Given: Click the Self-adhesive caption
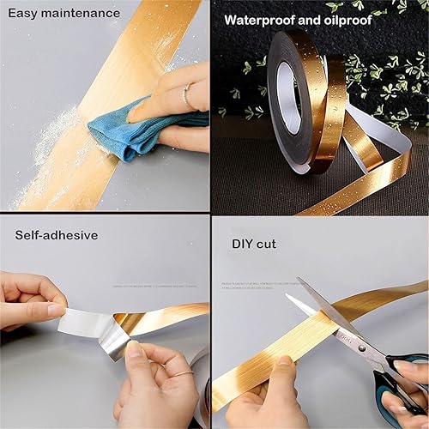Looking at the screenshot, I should coord(56,234).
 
